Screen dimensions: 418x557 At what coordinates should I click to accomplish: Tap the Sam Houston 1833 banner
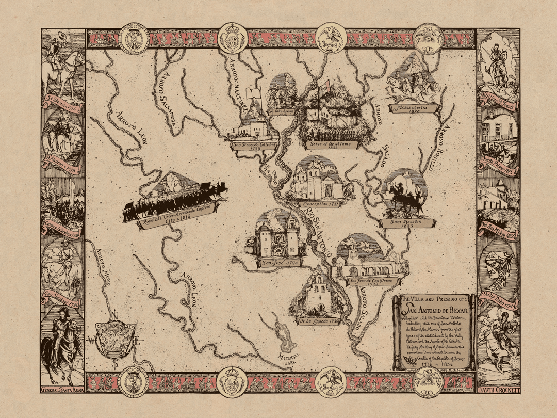click(x=407, y=223)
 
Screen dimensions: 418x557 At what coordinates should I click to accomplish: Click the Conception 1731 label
click(x=319, y=204)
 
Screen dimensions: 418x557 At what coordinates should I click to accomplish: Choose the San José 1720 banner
click(x=279, y=263)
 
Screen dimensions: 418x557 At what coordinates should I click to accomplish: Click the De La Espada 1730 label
click(x=318, y=321)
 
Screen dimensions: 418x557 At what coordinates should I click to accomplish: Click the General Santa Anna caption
click(x=62, y=390)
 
